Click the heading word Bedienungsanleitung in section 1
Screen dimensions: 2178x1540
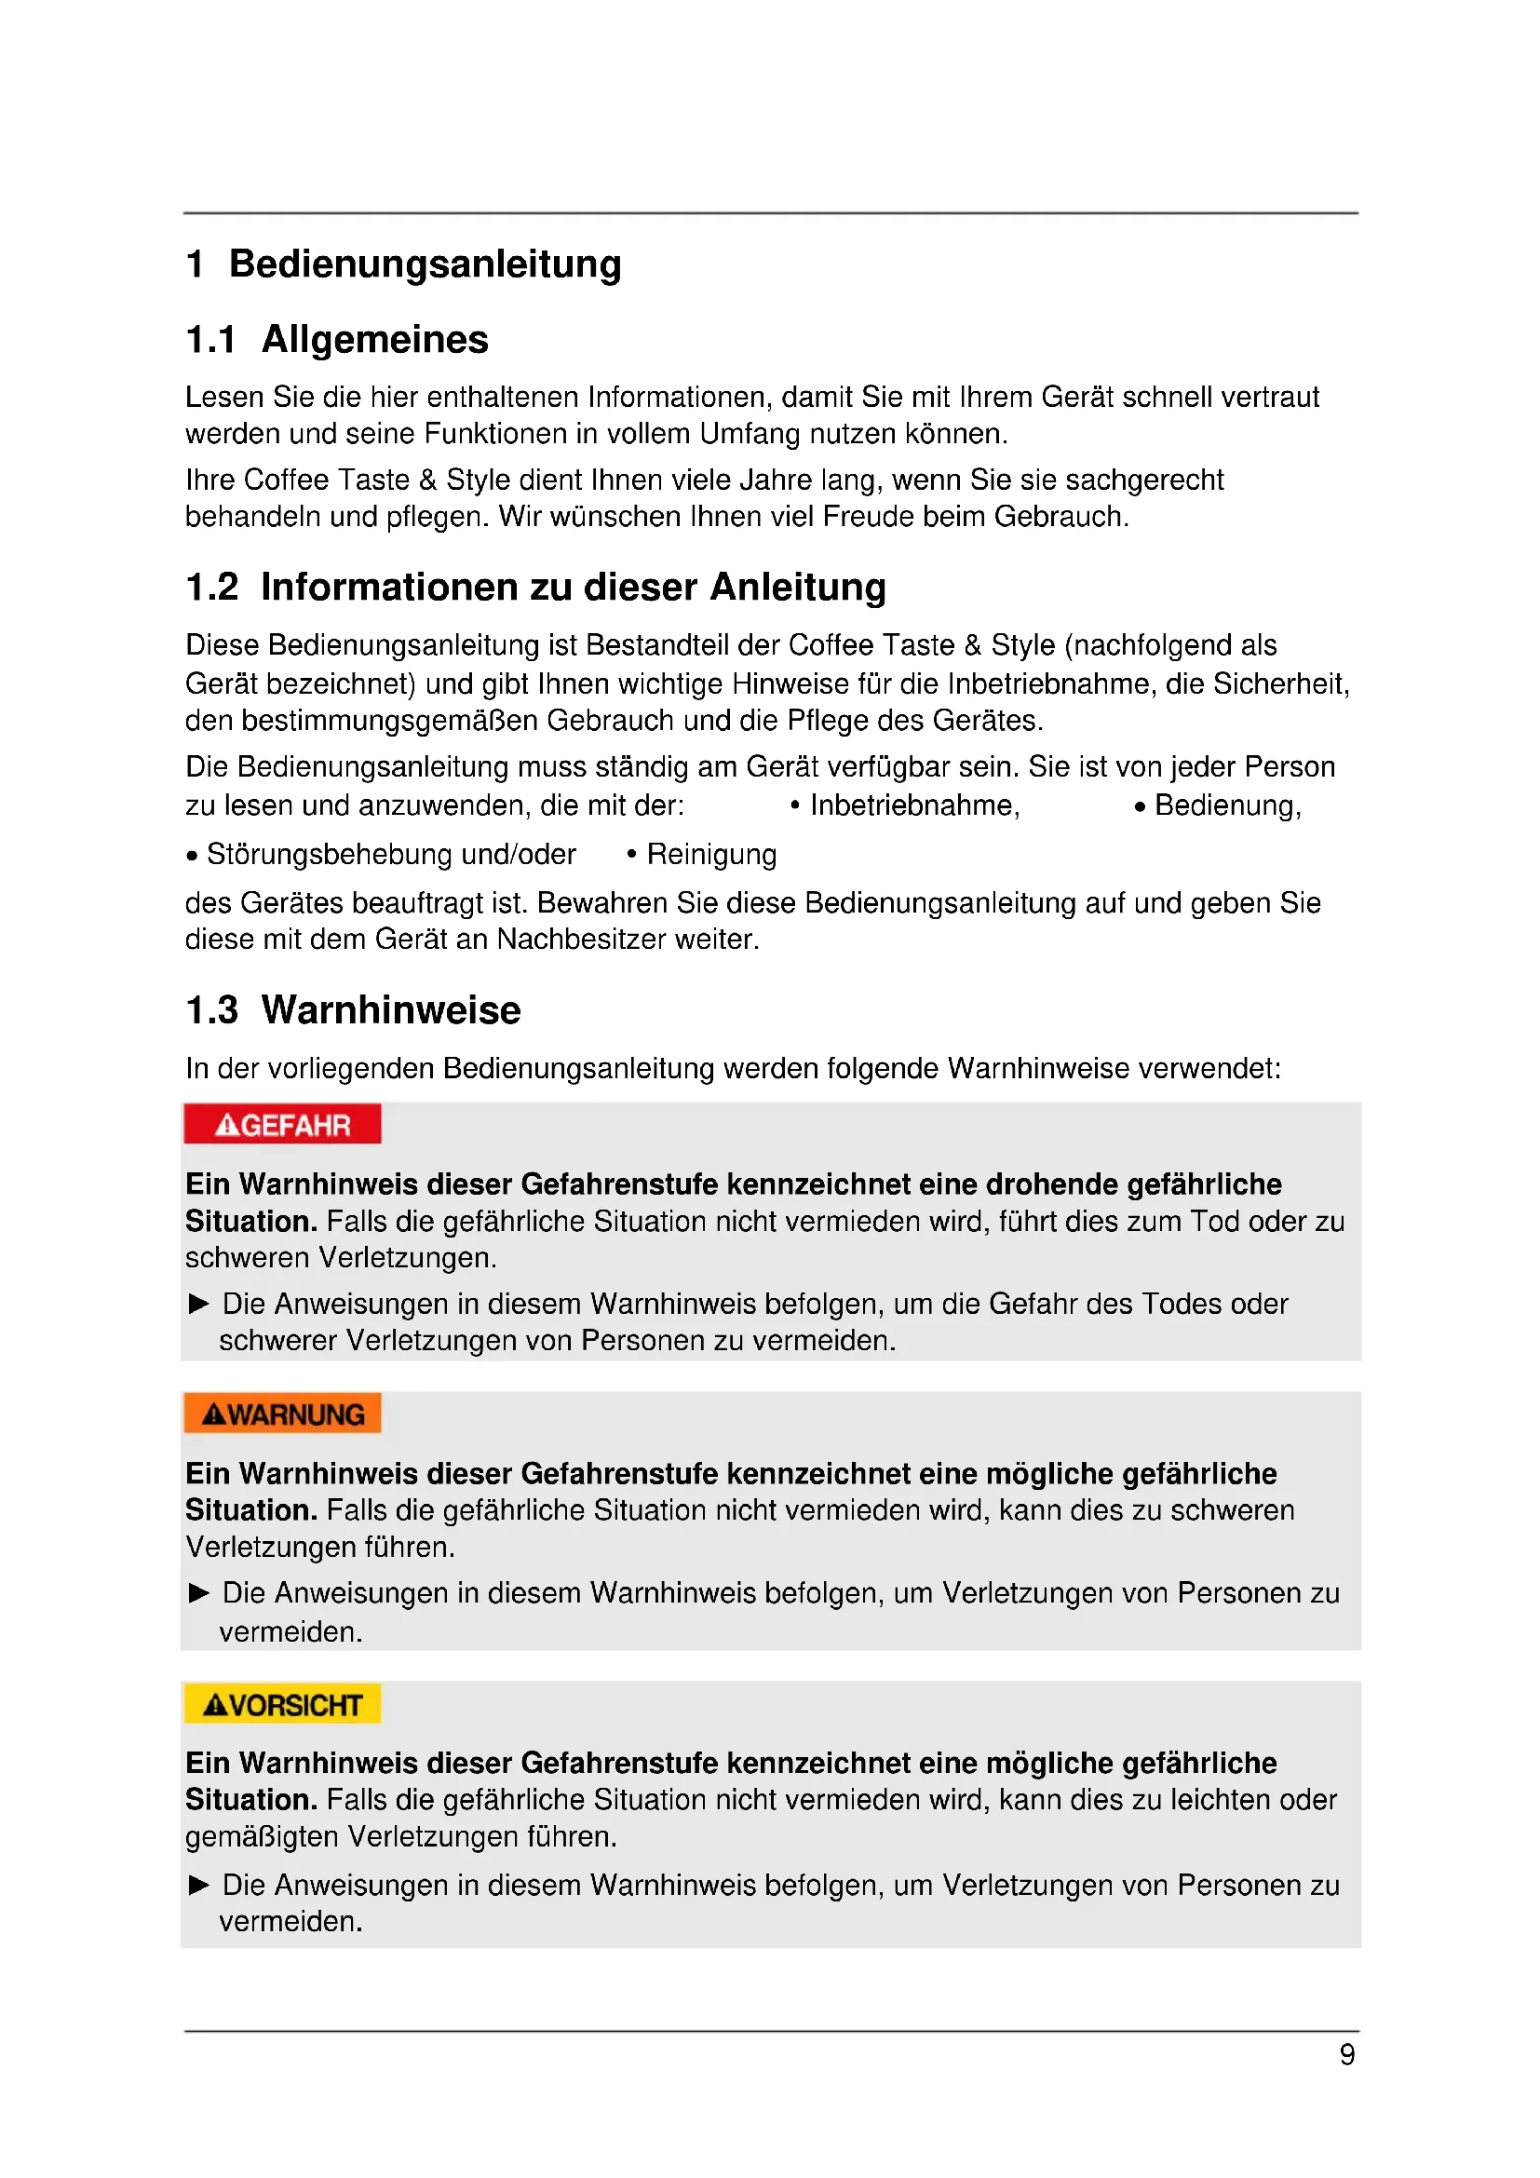(425, 264)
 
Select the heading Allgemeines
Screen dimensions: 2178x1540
(374, 340)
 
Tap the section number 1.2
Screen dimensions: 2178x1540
(211, 588)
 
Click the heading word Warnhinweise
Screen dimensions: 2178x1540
(391, 1010)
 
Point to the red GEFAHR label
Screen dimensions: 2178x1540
(283, 1125)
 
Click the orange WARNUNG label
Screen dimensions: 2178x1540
(283, 1414)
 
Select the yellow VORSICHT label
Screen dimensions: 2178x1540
(283, 1705)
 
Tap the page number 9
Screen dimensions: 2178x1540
(1346, 2055)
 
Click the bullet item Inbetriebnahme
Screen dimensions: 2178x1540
(913, 805)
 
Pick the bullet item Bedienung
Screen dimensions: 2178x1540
(1226, 805)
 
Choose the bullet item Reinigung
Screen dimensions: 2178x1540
(711, 855)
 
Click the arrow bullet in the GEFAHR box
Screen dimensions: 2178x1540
(199, 1304)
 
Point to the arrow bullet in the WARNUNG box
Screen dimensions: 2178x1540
(199, 1592)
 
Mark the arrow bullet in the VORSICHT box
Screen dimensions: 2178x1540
(199, 1885)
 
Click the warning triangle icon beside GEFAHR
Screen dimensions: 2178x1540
(226, 1126)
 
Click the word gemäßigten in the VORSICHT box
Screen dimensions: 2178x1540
(262, 1837)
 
